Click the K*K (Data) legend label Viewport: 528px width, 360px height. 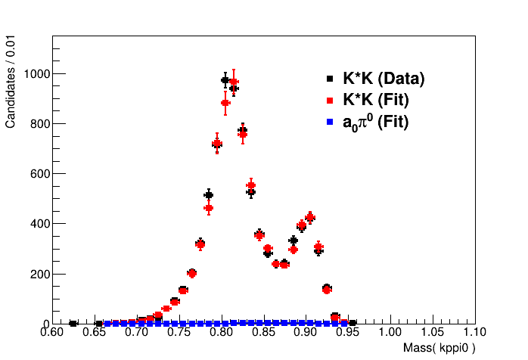point(384,79)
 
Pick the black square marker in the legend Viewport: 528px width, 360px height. point(330,79)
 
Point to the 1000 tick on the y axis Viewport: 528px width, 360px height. point(35,73)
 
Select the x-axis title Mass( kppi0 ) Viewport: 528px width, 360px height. point(439,349)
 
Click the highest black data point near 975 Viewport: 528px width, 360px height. point(225,79)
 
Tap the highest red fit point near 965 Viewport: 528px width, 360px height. point(234,82)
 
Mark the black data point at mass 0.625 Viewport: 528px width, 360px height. point(73,323)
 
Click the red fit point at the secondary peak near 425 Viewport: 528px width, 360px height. point(309,217)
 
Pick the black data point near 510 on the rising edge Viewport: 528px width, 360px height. point(209,195)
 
